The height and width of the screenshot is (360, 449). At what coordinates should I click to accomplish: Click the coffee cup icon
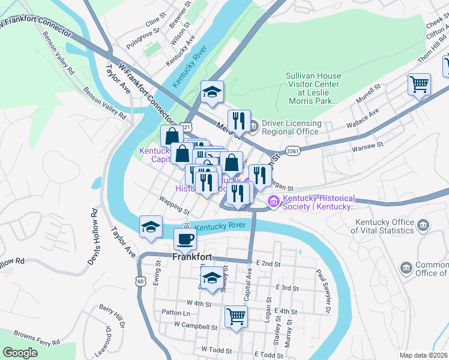click(x=185, y=239)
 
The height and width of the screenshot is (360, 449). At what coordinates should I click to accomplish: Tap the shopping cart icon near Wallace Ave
click(x=419, y=83)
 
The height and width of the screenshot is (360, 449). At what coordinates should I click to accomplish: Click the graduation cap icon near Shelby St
click(x=211, y=278)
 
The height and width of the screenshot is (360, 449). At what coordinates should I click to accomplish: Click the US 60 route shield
click(x=140, y=281)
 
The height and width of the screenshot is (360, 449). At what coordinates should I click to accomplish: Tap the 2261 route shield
click(x=293, y=151)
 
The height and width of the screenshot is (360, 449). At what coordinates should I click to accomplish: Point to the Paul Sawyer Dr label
click(x=324, y=292)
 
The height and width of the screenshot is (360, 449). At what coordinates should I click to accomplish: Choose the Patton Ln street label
click(x=176, y=313)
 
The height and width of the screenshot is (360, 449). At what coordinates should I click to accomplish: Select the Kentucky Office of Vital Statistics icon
click(x=424, y=226)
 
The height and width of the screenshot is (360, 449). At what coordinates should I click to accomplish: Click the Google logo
click(x=20, y=353)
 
